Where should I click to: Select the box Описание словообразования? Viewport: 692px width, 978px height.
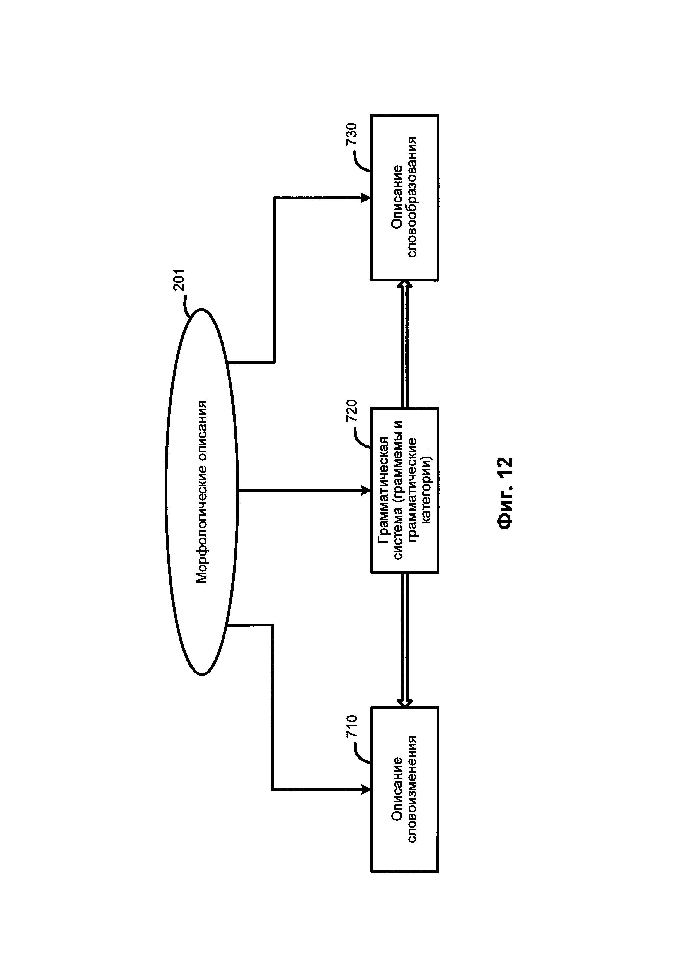coord(404,198)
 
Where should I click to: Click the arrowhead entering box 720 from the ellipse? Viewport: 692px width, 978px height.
coord(366,491)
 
